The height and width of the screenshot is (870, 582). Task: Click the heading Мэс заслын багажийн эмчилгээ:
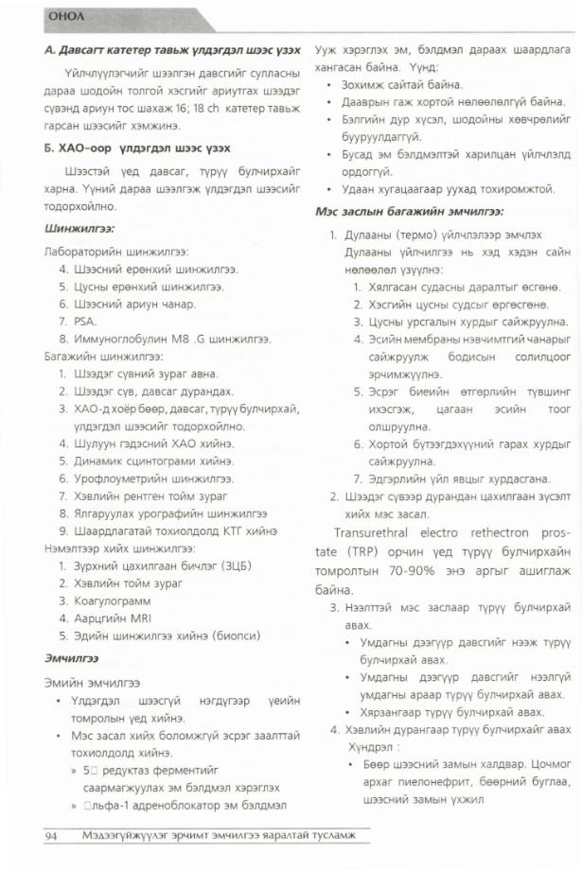pos(408,212)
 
